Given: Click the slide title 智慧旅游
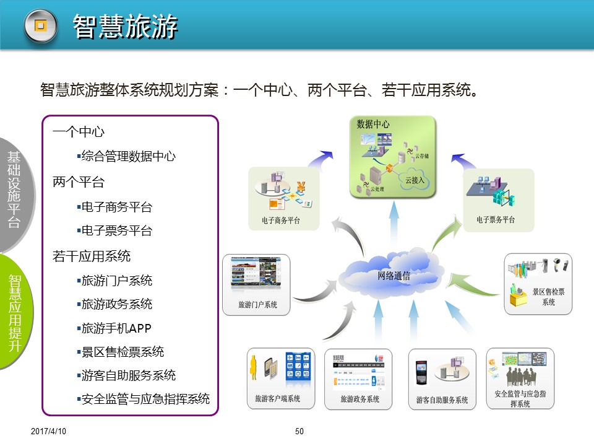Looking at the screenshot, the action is pyautogui.click(x=126, y=27).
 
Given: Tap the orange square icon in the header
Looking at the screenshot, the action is pyautogui.click(x=41, y=26).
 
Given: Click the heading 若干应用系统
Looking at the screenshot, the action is pyautogui.click(x=92, y=256).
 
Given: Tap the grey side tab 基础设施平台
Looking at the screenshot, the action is pyautogui.click(x=14, y=190).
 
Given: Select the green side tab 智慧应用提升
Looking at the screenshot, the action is pyautogui.click(x=14, y=313).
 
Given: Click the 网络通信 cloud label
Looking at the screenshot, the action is pyautogui.click(x=394, y=276).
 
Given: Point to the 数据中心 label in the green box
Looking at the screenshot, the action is pyautogui.click(x=372, y=124).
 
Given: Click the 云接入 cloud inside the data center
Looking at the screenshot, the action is pyautogui.click(x=414, y=179).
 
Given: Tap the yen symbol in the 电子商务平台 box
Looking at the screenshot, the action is pyautogui.click(x=301, y=186).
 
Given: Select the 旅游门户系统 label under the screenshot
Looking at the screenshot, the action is pyautogui.click(x=257, y=305).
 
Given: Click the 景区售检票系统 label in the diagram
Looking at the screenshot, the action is pyautogui.click(x=548, y=297).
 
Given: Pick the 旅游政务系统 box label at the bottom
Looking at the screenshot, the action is pyautogui.click(x=359, y=399).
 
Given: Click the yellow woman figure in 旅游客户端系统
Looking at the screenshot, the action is pyautogui.click(x=254, y=367).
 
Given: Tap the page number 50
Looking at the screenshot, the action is pyautogui.click(x=299, y=431).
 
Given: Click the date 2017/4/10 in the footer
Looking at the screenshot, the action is pyautogui.click(x=48, y=431).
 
